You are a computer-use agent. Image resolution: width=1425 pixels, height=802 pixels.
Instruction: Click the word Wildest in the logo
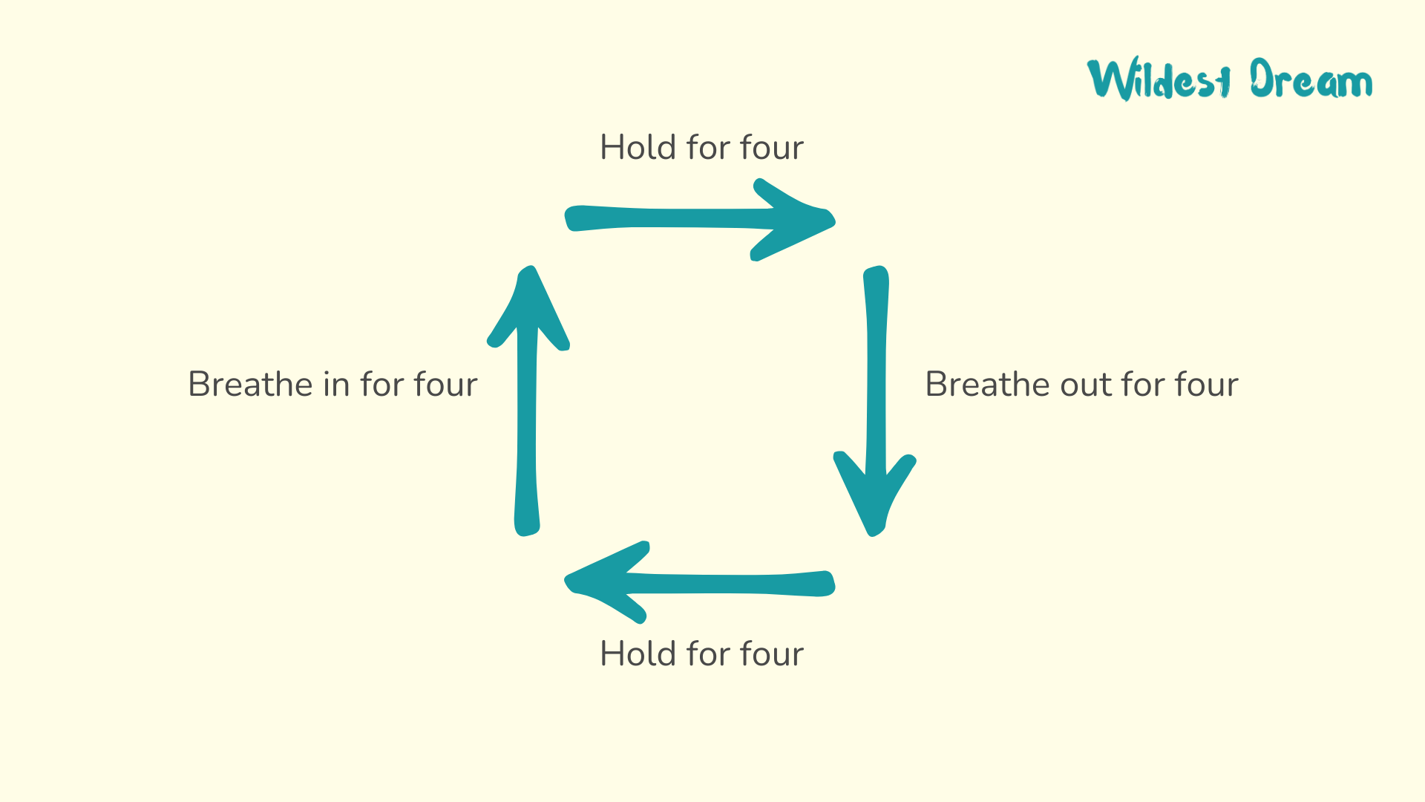(1159, 79)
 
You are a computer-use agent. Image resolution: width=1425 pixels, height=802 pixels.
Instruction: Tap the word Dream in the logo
(1311, 79)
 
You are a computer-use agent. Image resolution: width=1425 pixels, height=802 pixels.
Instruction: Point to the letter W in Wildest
(1112, 79)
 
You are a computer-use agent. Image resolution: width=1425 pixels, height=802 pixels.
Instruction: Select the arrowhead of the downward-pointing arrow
(875, 493)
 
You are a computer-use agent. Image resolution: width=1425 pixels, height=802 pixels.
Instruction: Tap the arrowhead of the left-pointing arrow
(607, 582)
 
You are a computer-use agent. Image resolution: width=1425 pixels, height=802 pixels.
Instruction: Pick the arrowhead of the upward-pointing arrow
(528, 307)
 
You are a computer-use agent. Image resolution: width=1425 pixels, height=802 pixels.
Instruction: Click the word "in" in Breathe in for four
(336, 384)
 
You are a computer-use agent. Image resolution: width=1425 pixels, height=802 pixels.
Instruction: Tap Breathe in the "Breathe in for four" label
(251, 384)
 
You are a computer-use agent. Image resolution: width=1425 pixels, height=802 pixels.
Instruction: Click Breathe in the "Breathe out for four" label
(988, 384)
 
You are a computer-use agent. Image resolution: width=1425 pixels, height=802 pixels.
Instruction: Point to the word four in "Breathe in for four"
(446, 384)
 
